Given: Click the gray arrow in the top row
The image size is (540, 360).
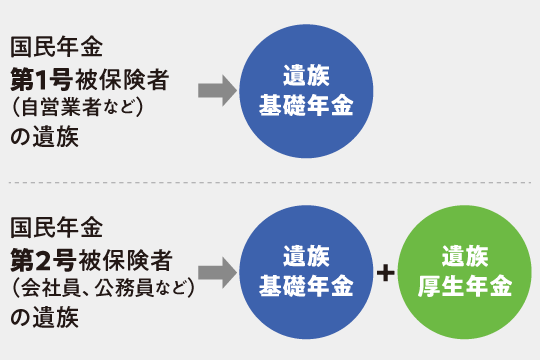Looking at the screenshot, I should pyautogui.click(x=215, y=92).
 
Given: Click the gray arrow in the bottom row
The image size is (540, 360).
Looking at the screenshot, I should pyautogui.click(x=215, y=270).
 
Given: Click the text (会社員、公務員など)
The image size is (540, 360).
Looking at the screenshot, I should pyautogui.click(x=101, y=291).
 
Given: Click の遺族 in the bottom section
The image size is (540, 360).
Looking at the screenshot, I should pyautogui.click(x=42, y=320).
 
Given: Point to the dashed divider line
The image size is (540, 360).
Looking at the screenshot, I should pyautogui.click(x=270, y=183).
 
